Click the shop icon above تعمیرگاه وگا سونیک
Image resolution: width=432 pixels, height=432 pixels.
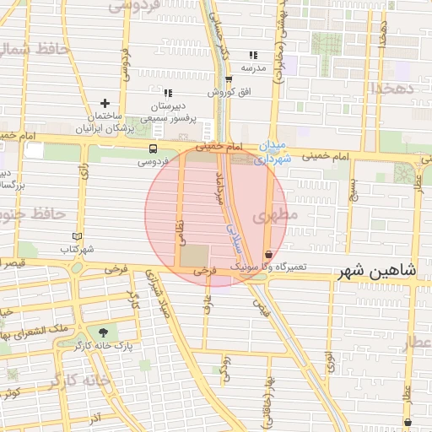pyautogui.click(x=268, y=254)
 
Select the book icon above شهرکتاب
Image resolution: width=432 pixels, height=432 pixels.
pyautogui.click(x=78, y=237)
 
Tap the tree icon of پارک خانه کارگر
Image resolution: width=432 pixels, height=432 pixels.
pyautogui.click(x=103, y=332)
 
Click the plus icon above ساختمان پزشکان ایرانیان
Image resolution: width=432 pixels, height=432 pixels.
pyautogui.click(x=105, y=103)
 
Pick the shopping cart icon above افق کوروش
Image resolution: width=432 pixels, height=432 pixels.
pyautogui.click(x=228, y=79)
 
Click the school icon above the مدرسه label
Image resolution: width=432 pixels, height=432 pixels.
pyautogui.click(x=253, y=55)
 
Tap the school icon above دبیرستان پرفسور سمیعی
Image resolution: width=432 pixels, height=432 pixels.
pyautogui.click(x=168, y=92)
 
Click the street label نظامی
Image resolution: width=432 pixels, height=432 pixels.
pyautogui.click(x=179, y=229)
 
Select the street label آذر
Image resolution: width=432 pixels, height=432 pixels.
pyautogui.click(x=94, y=418)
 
